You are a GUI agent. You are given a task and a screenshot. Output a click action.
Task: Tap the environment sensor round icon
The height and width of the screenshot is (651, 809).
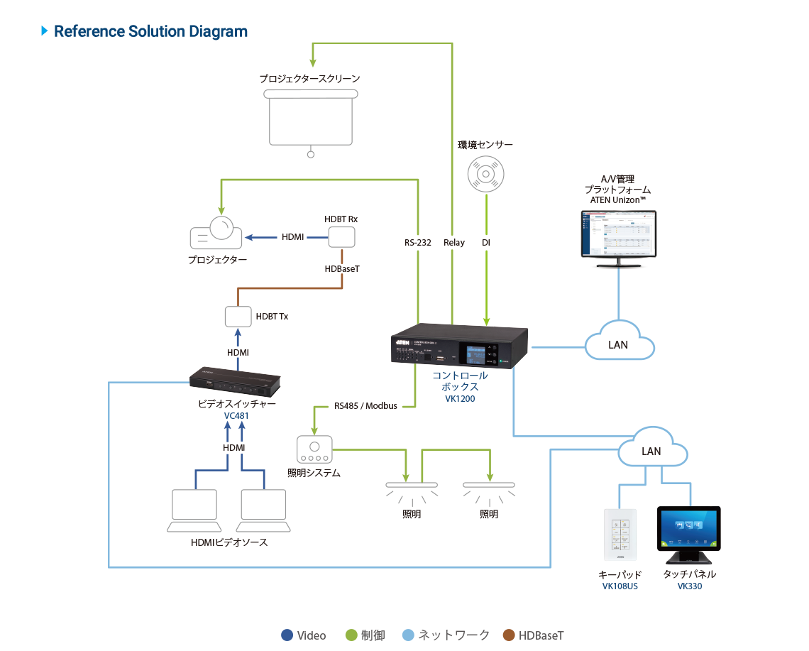(485, 173)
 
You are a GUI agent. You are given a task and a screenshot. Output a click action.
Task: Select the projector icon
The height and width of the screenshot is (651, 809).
(216, 233)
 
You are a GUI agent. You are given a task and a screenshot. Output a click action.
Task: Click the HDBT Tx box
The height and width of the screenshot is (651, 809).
(238, 316)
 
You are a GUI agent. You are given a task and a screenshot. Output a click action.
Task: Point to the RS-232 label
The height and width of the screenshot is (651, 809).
(418, 243)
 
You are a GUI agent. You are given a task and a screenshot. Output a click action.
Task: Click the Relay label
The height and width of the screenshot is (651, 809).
(454, 243)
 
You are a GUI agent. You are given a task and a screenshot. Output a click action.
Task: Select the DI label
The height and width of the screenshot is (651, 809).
(486, 243)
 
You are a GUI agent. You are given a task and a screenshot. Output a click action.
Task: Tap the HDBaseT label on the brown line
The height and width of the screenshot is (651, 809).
(342, 269)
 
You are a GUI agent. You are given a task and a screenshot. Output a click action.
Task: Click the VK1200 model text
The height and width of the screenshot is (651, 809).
(460, 399)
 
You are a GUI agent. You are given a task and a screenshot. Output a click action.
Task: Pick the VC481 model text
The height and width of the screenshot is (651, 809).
(236, 416)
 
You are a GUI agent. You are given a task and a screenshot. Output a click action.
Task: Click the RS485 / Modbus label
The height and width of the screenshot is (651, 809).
(365, 406)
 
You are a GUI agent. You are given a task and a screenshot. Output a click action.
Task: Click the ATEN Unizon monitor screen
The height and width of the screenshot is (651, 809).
(616, 234)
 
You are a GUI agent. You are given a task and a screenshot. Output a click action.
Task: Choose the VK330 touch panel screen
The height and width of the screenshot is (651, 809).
(688, 528)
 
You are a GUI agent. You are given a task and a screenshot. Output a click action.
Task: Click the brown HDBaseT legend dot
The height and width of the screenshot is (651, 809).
(508, 635)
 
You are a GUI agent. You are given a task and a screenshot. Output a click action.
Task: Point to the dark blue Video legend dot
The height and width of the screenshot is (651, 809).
(287, 635)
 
